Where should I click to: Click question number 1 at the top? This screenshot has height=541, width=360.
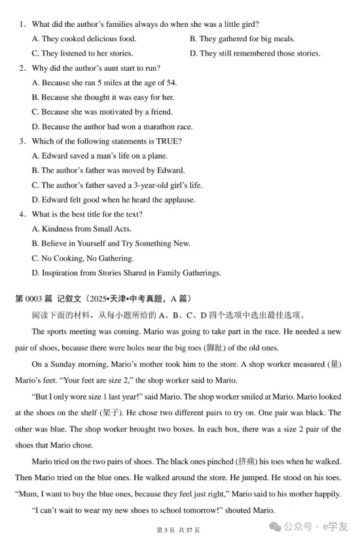click(x=22, y=24)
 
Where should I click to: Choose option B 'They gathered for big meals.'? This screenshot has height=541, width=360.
click(x=242, y=39)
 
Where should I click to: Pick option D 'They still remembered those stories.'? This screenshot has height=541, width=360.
click(x=255, y=53)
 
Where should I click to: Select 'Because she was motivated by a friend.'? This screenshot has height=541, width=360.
click(x=102, y=112)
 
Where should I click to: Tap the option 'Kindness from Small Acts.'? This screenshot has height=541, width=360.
click(x=81, y=229)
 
